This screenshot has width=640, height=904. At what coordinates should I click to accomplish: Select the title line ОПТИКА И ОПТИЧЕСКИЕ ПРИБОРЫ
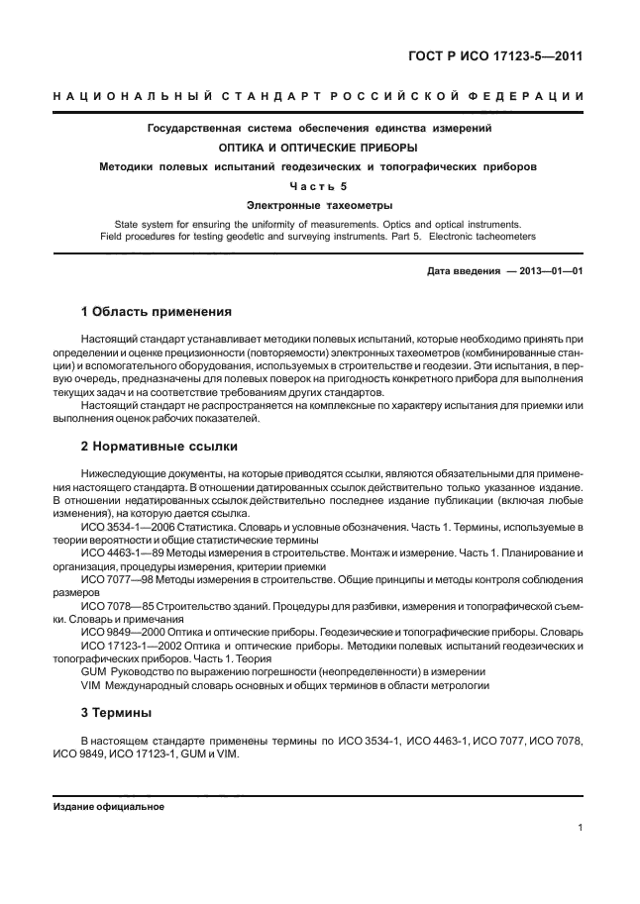coord(318,148)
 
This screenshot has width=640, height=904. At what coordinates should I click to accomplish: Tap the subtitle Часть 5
coord(319,185)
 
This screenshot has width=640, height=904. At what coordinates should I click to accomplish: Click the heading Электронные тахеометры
coord(319,205)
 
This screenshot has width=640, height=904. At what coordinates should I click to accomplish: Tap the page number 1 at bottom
coord(579,830)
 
